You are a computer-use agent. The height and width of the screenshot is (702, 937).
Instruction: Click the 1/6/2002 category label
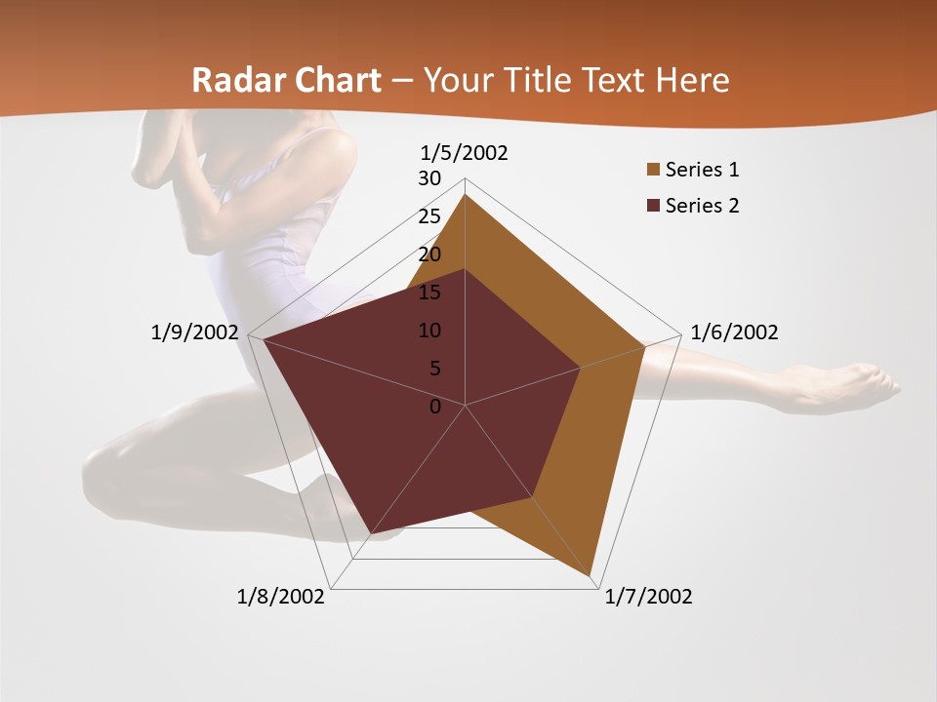[734, 332]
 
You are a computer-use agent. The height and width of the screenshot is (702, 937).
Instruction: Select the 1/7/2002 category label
[648, 597]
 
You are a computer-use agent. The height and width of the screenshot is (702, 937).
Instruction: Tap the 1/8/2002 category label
[281, 597]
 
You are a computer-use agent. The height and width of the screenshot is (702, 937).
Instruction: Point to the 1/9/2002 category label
[194, 332]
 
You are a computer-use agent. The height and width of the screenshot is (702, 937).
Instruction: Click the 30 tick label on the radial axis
[429, 178]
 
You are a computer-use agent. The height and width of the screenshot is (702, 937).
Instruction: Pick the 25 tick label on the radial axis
[429, 216]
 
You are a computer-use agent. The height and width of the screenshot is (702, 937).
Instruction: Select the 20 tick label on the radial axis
[429, 254]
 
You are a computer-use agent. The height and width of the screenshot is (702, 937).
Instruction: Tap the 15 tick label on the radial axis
[429, 292]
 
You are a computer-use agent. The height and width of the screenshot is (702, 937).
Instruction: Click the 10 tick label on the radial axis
[429, 331]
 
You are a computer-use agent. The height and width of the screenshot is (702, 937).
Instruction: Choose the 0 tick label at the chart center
[435, 407]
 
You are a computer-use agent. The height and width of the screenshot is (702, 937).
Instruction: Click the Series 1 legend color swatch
[652, 171]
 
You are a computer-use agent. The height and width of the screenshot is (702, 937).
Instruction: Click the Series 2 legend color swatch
[652, 206]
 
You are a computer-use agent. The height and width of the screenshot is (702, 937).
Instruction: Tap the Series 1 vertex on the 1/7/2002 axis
[591, 576]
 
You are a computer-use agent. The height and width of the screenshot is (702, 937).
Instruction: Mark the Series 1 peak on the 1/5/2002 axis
[466, 195]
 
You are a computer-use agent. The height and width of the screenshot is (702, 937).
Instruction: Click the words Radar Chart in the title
[286, 80]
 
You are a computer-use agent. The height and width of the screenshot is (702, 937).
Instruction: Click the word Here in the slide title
[693, 80]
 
